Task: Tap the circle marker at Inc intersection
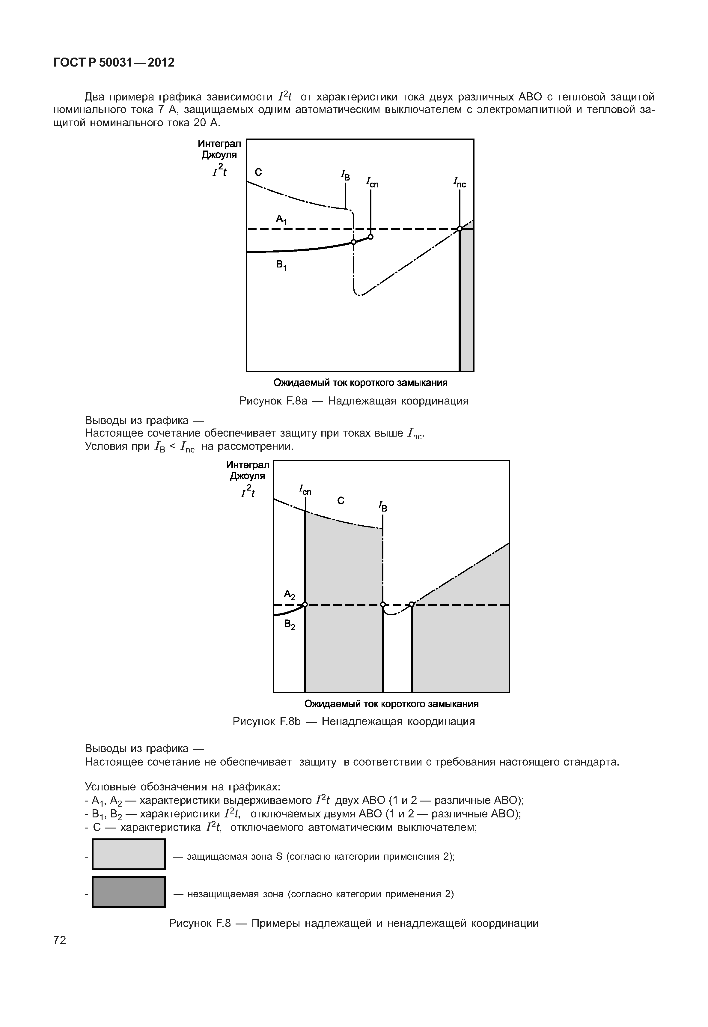click(x=460, y=229)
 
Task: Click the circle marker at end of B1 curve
click(x=371, y=237)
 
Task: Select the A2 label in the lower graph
click(x=289, y=595)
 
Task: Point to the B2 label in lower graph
click(x=290, y=625)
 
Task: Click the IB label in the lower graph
click(x=382, y=506)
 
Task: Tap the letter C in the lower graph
click(x=341, y=501)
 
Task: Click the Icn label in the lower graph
click(x=305, y=491)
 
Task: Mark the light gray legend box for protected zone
click(x=129, y=854)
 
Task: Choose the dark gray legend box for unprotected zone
click(x=129, y=892)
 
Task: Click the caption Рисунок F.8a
click(x=354, y=401)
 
